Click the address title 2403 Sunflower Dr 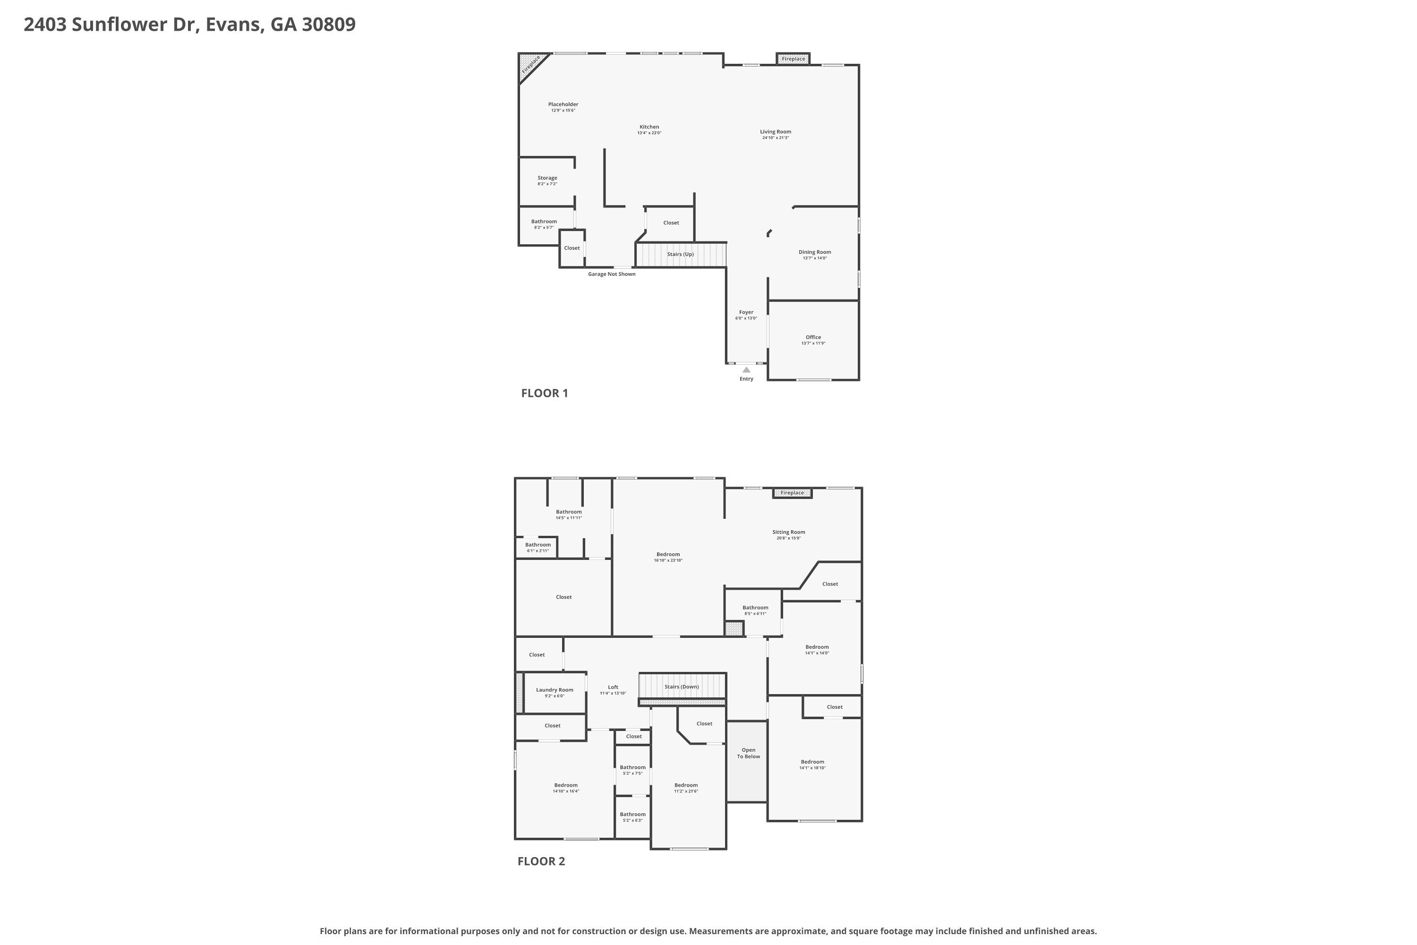[189, 25]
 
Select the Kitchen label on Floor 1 [649, 128]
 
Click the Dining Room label [814, 252]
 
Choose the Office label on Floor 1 [813, 337]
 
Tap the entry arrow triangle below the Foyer [746, 370]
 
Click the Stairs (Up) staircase [680, 254]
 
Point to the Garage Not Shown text [612, 274]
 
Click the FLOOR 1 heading [544, 394]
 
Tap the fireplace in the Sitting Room [792, 493]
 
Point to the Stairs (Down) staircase [682, 687]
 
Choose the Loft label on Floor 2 [613, 687]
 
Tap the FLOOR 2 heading [541, 861]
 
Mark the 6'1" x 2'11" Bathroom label [538, 545]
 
